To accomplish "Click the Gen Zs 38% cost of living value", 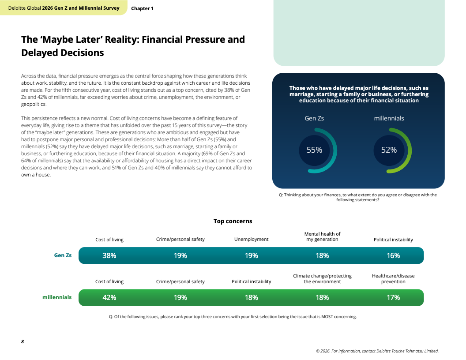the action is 109,255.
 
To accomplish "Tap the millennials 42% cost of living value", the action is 109,297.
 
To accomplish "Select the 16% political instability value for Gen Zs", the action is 393,255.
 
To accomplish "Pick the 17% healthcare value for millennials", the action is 393,297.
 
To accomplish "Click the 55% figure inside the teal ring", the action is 314,150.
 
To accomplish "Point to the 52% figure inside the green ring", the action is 389,150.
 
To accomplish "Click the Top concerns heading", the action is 233,221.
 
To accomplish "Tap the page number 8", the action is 23,341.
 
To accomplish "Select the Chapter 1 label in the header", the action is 142,8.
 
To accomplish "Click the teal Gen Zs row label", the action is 63,255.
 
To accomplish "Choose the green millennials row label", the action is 57,297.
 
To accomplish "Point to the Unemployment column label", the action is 251,239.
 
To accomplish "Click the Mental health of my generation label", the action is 322,236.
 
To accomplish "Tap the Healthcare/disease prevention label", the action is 393,279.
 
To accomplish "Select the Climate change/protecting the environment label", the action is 322,279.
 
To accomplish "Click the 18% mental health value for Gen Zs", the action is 322,255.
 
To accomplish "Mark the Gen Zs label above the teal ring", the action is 314,118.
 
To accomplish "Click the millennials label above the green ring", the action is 389,118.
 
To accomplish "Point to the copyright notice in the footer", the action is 377,351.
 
